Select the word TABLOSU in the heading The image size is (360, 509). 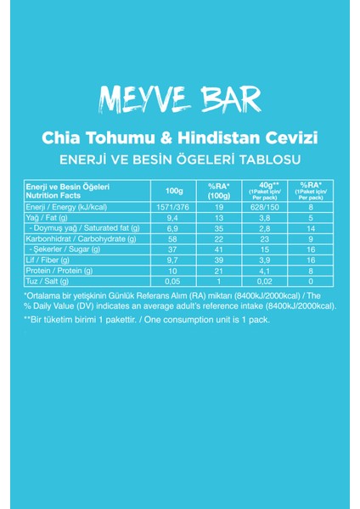coord(273,159)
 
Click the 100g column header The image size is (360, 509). coord(176,191)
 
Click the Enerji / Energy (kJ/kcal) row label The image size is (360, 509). coord(66,205)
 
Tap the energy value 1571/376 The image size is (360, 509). coord(176,205)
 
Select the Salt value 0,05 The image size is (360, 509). coord(176,280)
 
